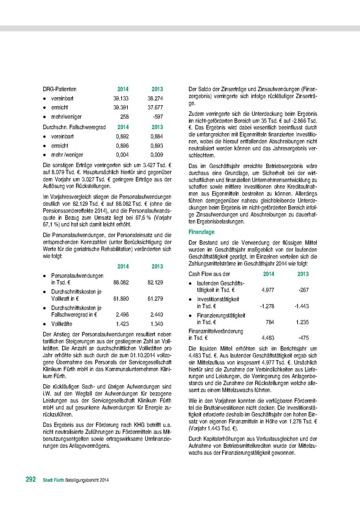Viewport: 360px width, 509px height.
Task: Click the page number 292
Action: tap(30, 480)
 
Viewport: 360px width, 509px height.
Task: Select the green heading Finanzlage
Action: tap(202, 232)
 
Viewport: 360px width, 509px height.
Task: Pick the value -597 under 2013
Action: tap(157, 117)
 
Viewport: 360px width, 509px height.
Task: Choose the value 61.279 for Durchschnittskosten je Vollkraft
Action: tap(155, 299)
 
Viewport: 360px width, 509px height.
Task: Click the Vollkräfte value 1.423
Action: tap(122, 324)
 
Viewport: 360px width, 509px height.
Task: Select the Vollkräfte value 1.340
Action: tap(156, 324)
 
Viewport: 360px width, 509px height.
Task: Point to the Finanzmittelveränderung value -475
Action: tap(303, 338)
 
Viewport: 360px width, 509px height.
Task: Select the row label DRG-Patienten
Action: tap(59, 89)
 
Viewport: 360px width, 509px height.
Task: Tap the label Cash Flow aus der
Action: tap(209, 274)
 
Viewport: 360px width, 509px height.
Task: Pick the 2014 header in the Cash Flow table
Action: tap(269, 274)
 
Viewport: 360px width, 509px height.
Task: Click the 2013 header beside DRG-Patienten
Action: tap(157, 89)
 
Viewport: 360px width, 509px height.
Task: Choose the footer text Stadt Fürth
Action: tap(53, 481)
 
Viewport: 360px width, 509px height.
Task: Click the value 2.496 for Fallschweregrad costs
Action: tap(122, 315)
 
